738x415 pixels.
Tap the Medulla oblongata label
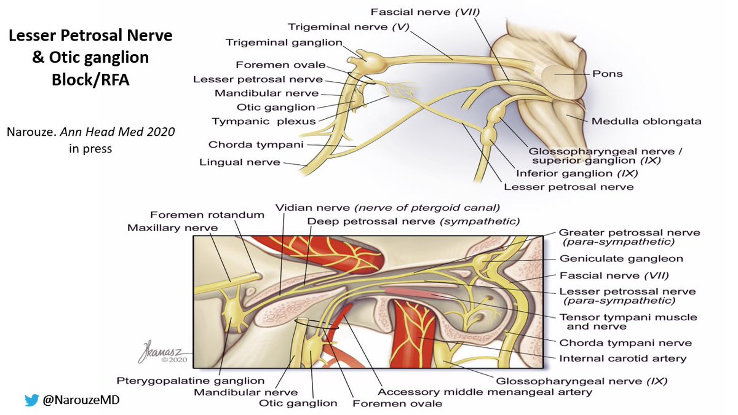pyautogui.click(x=646, y=121)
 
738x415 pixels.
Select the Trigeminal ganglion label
pyautogui.click(x=284, y=42)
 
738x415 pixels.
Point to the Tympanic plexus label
pyautogui.click(x=263, y=121)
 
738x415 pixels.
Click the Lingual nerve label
pyautogui.click(x=239, y=162)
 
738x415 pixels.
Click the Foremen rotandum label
pyautogui.click(x=207, y=215)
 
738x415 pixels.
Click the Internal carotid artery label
pyautogui.click(x=622, y=358)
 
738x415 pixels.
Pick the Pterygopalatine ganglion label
pyautogui.click(x=191, y=381)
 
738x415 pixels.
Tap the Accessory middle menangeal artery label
pyautogui.click(x=485, y=392)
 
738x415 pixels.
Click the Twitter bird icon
pyautogui.click(x=31, y=400)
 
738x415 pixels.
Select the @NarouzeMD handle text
pyautogui.click(x=81, y=400)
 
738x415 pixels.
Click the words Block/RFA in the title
pyautogui.click(x=90, y=80)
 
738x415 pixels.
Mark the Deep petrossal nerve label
pyautogui.click(x=413, y=221)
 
